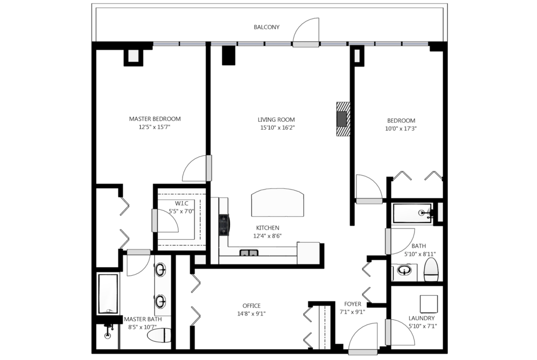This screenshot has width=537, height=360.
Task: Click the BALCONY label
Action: [x=266, y=27]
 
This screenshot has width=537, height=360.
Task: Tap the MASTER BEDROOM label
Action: [x=155, y=119]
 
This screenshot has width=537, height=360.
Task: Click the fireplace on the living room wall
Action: [x=343, y=119]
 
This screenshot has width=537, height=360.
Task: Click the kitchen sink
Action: [x=249, y=253]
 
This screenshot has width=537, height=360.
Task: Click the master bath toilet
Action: [x=159, y=335]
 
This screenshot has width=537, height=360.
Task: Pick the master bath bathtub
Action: [x=108, y=293]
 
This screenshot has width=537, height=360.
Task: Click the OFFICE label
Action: [x=251, y=306]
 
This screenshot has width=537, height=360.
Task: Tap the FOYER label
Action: [x=353, y=304]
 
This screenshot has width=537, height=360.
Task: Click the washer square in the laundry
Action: [x=429, y=304]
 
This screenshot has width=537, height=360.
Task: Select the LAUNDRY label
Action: [x=422, y=318]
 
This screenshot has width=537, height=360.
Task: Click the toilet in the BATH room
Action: [x=432, y=270]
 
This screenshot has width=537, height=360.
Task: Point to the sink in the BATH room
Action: [x=405, y=271]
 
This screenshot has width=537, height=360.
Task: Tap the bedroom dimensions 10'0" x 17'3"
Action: [x=401, y=129]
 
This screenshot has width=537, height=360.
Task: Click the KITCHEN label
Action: [x=268, y=228]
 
